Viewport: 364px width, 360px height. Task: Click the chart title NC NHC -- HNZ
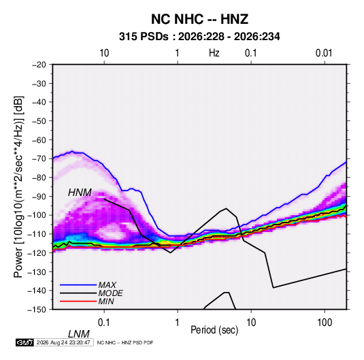(x=199, y=19)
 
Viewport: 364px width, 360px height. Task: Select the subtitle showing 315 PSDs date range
(x=199, y=37)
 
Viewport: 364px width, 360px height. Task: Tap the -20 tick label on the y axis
(x=39, y=65)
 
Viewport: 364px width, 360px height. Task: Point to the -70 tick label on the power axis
(x=39, y=159)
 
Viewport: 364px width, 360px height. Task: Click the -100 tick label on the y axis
(x=37, y=215)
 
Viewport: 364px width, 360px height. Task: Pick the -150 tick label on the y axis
(x=37, y=310)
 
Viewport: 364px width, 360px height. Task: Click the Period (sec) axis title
(x=214, y=330)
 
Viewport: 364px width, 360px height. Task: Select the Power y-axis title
(x=18, y=187)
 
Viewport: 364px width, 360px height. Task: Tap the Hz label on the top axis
(x=214, y=53)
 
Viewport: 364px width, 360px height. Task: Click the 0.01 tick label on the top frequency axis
(x=324, y=53)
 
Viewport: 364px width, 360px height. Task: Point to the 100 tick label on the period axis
(x=325, y=323)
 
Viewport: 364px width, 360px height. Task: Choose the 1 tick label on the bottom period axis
(x=177, y=323)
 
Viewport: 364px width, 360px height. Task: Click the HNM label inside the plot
(x=80, y=193)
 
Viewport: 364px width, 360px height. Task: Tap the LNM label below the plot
(x=78, y=334)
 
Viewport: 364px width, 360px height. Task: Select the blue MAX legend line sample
(x=78, y=285)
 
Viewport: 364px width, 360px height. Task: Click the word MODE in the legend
(x=110, y=293)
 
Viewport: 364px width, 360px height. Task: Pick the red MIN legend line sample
(x=78, y=301)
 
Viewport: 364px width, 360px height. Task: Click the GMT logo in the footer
(x=25, y=342)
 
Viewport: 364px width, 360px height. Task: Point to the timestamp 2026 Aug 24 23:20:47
(x=63, y=342)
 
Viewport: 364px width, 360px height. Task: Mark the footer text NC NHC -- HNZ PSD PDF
(x=125, y=342)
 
